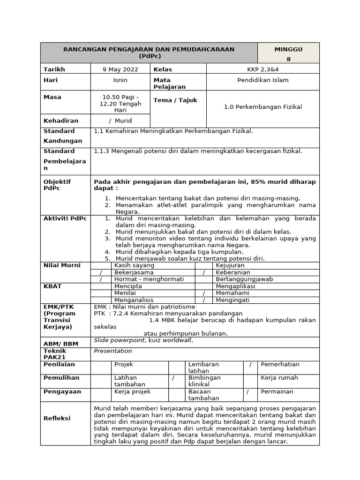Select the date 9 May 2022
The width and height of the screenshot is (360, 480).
(x=120, y=69)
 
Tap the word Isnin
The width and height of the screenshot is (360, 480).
(x=120, y=80)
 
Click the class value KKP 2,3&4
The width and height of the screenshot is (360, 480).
(x=262, y=69)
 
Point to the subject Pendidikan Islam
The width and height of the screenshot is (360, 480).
(x=262, y=80)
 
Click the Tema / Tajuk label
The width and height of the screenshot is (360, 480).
(x=175, y=100)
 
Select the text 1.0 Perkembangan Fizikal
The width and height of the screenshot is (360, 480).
(x=262, y=107)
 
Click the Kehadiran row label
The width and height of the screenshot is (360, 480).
(x=61, y=120)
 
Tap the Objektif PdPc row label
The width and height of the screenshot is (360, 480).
(x=57, y=185)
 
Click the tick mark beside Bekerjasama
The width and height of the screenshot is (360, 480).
(x=101, y=272)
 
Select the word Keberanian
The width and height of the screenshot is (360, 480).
(x=233, y=272)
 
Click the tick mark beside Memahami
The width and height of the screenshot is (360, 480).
(x=204, y=293)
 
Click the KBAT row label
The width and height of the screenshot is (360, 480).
(x=52, y=286)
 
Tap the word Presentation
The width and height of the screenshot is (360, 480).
(x=113, y=351)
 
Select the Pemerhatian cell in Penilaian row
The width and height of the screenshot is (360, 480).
(x=280, y=364)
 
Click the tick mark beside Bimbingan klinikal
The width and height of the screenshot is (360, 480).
(x=173, y=378)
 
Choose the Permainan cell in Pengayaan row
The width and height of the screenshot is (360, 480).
(x=277, y=391)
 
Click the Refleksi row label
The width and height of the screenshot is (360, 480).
(x=57, y=418)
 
